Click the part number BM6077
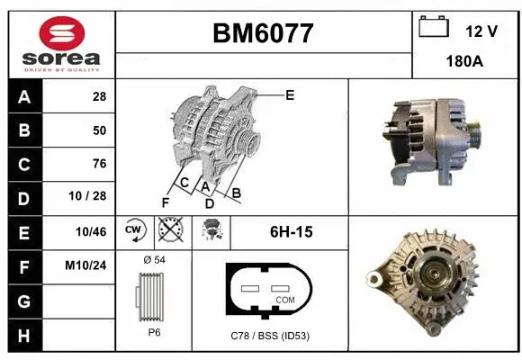click(263, 33)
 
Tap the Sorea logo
click(59, 42)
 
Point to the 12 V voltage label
click(481, 31)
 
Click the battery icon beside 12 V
click(434, 27)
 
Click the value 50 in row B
click(99, 130)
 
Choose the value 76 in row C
click(99, 164)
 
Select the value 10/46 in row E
click(93, 231)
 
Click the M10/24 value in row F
click(88, 265)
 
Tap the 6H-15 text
click(291, 231)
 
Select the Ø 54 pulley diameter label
click(155, 260)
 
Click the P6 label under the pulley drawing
click(155, 331)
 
